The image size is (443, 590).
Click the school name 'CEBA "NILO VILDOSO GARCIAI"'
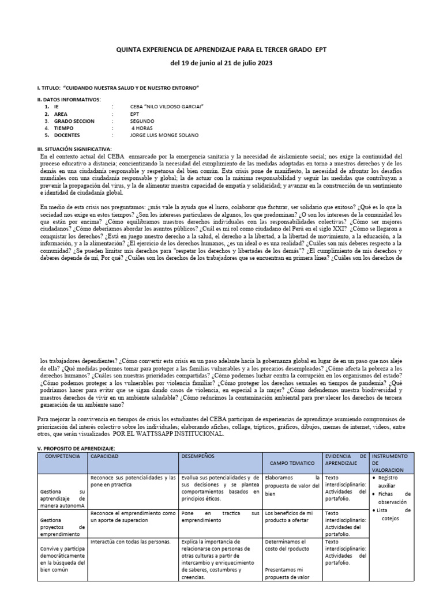point(167,107)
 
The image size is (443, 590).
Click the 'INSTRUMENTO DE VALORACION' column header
point(391,463)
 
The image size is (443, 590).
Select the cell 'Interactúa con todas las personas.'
point(130,542)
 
